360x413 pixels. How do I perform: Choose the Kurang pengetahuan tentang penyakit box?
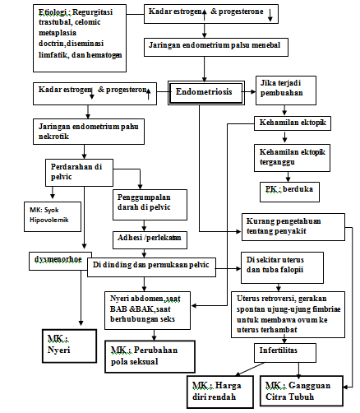coord(294,224)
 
